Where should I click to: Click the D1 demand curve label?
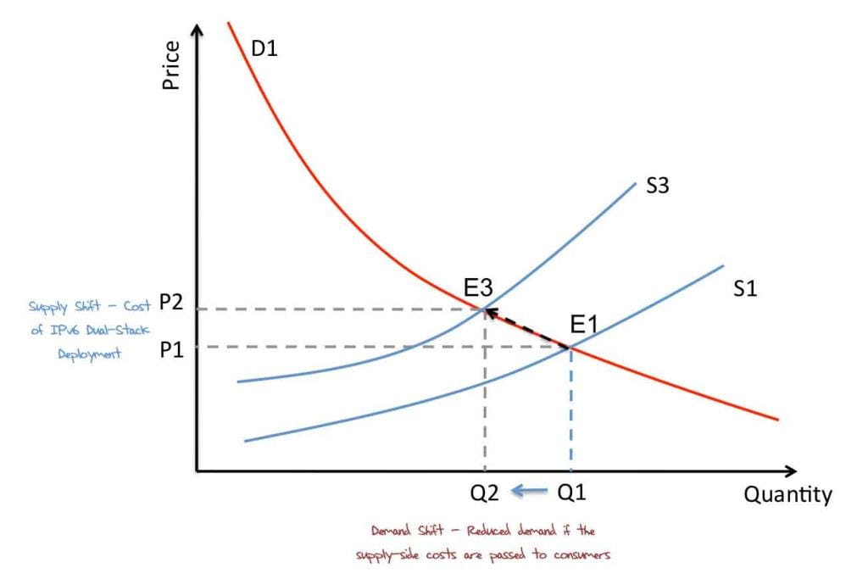(264, 48)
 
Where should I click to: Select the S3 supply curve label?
(658, 186)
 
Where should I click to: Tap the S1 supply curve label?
(745, 288)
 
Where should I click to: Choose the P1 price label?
(171, 348)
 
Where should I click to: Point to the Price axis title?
(171, 67)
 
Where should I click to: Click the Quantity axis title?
(787, 494)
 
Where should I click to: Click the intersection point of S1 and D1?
(570, 347)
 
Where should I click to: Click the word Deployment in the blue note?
(89, 354)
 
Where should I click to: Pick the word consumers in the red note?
(583, 555)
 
